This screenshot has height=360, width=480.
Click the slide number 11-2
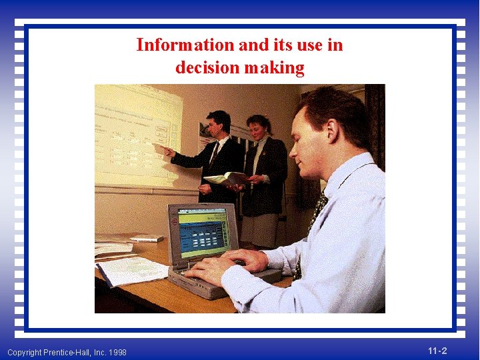coord(437,351)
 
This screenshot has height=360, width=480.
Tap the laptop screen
coord(203,233)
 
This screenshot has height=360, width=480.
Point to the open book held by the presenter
coord(226,179)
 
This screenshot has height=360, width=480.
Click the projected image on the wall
coord(137,133)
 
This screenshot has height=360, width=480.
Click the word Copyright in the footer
coord(23,352)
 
